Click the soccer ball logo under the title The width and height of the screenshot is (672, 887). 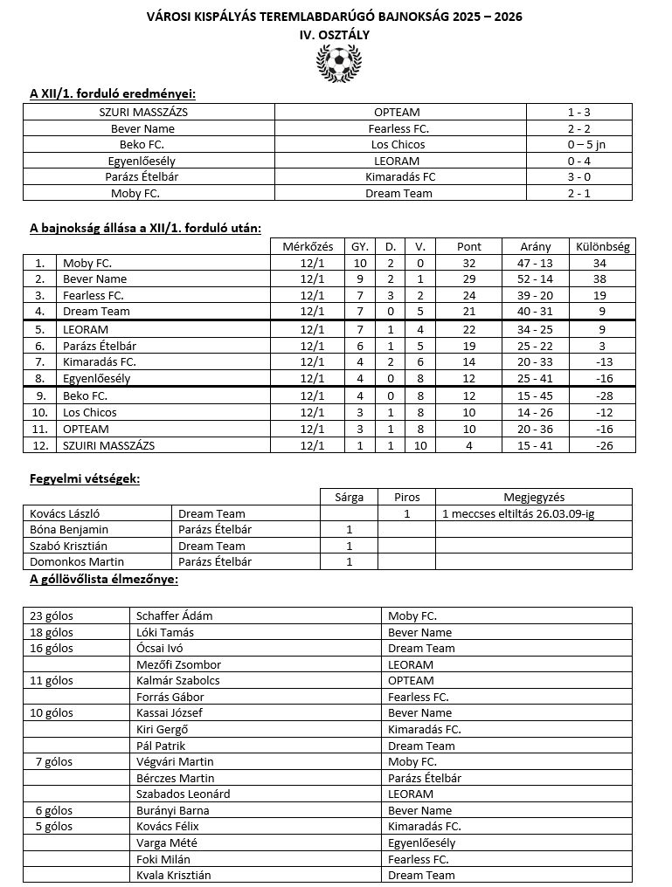(x=336, y=63)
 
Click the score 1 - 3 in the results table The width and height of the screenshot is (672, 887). (x=578, y=113)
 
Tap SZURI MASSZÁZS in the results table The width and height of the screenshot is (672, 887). (x=149, y=113)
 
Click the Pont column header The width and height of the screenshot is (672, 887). (x=469, y=247)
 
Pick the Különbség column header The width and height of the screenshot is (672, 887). (x=602, y=247)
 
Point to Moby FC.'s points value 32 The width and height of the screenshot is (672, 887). (x=469, y=263)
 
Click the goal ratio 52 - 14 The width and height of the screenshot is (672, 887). (x=535, y=279)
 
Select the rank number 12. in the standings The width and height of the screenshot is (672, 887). (x=39, y=445)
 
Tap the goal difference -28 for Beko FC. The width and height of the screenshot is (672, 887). (x=602, y=396)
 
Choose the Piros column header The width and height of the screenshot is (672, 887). (x=406, y=498)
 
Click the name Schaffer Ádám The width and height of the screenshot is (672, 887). (x=174, y=616)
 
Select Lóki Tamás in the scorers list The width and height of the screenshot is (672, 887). (x=165, y=632)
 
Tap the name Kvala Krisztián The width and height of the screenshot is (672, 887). (x=173, y=875)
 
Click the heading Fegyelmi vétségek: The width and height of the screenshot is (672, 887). (x=85, y=479)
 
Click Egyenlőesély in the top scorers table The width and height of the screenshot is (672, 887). (x=421, y=843)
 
